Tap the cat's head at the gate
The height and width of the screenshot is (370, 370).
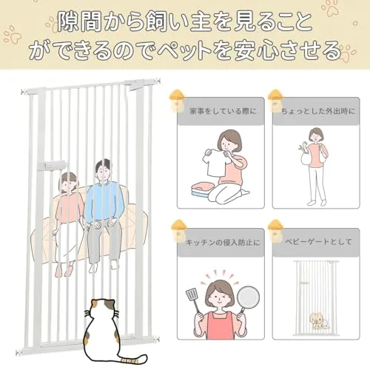[101, 311]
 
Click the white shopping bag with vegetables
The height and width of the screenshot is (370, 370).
[306, 156]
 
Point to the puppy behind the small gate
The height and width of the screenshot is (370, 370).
[317, 321]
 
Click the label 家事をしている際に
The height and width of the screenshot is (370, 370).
[223, 111]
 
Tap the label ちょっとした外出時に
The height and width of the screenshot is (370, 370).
[318, 111]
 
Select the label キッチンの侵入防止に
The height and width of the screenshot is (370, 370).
[223, 243]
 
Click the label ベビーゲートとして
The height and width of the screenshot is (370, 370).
[318, 241]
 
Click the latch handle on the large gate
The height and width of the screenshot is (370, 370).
[52, 165]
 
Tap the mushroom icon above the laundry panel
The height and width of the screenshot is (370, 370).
[177, 101]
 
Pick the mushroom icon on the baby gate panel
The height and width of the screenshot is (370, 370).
[275, 231]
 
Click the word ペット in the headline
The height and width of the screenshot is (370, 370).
[185, 50]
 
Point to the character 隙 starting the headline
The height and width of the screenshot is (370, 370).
[69, 21]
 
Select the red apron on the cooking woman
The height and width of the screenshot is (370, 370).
[220, 326]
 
